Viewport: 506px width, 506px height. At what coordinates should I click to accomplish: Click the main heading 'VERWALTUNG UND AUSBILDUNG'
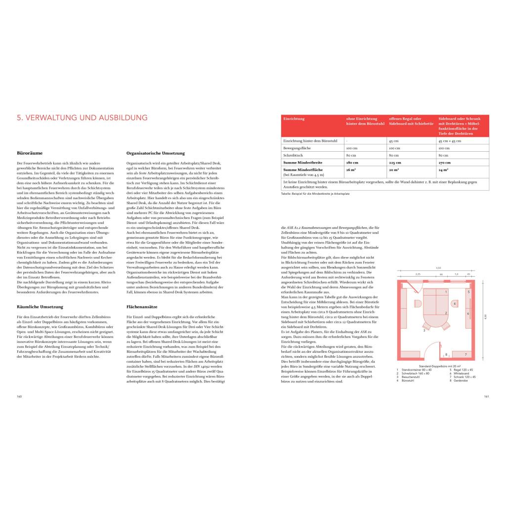pyautogui.click(x=82, y=118)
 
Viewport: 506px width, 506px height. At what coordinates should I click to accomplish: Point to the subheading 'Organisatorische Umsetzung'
pyautogui.click(x=156, y=153)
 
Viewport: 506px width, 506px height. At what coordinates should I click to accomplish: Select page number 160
pyautogui.click(x=19, y=396)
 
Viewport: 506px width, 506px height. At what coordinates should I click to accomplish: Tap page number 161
pyautogui.click(x=486, y=396)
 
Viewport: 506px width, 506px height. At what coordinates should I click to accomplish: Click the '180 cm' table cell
pyautogui.click(x=352, y=162)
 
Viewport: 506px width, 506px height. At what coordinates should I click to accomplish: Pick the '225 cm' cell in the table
pyautogui.click(x=395, y=162)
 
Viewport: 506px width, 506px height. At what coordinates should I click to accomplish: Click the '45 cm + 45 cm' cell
pyautogui.click(x=449, y=141)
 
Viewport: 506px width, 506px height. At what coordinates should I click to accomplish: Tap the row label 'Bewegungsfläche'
pyautogui.click(x=296, y=148)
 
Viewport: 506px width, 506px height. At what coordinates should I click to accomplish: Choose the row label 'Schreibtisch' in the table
pyautogui.click(x=293, y=155)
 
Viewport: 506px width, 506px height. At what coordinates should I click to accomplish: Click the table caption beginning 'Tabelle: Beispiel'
pyautogui.click(x=314, y=194)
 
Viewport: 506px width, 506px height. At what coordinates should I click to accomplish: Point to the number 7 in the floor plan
pyautogui.click(x=466, y=354)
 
